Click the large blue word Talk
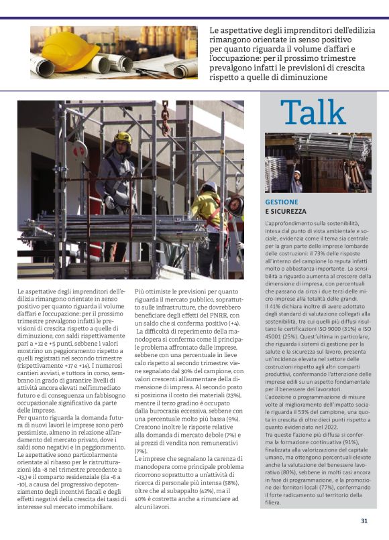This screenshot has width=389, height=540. click(313, 113)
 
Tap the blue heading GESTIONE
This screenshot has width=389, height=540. click(282, 201)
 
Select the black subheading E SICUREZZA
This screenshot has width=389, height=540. click(286, 211)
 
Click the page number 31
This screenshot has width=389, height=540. click(364, 521)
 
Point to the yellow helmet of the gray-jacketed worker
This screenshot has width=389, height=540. click(122, 137)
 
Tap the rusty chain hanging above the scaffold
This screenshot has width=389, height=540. click(165, 118)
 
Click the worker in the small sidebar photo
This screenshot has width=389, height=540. click(296, 180)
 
